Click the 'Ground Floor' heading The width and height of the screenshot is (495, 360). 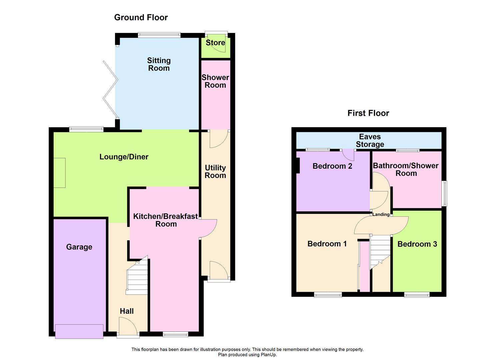click(141, 17)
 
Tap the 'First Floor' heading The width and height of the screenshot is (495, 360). click(368, 113)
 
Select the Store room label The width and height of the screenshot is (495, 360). click(215, 43)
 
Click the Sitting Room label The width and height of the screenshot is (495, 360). click(159, 64)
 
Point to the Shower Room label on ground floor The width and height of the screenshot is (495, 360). click(215, 81)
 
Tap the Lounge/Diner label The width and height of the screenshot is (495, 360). click(124, 157)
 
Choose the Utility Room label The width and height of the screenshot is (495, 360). click(215, 171)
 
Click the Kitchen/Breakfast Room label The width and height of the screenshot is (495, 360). click(166, 220)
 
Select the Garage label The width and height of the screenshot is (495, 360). click(79, 247)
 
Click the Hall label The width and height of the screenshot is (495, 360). click(127, 311)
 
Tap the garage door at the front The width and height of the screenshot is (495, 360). click(79, 331)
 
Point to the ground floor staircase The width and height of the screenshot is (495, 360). click(137, 276)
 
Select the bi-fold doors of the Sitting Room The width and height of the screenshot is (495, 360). click(110, 89)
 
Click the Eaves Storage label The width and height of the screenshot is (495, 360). click(370, 140)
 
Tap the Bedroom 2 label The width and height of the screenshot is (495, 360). click(332, 166)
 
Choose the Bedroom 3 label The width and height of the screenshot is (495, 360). click(417, 244)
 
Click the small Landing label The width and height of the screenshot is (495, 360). click(381, 214)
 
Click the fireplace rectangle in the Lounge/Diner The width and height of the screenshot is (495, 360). click(60, 173)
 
